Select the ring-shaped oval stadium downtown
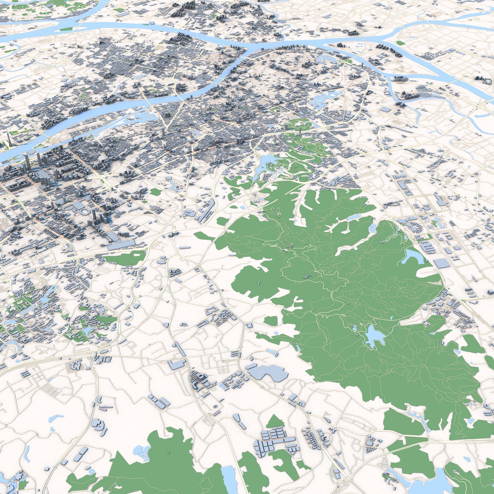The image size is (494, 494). point(84,212)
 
